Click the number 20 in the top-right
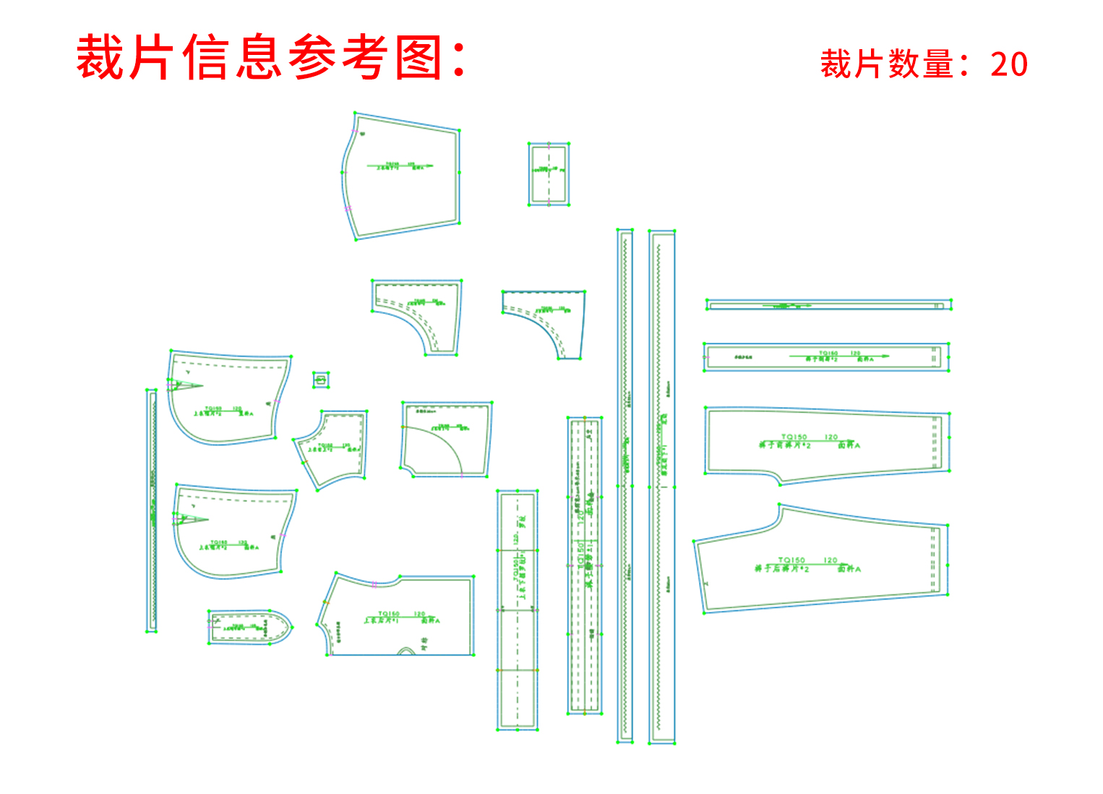(1009, 64)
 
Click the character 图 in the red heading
(419, 58)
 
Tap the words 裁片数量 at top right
(886, 64)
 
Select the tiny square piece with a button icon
(322, 380)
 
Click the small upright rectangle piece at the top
(549, 174)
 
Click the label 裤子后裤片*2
(782, 569)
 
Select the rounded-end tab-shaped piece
(250, 626)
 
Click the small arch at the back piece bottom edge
(408, 651)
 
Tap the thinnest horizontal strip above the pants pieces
(828, 305)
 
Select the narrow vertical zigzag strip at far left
(152, 510)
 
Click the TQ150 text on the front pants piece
(794, 437)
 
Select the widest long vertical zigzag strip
(662, 486)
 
